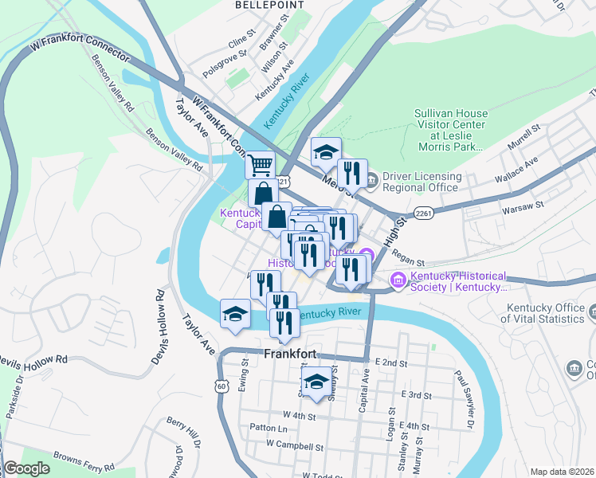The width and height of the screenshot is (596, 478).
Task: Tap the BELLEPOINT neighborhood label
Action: [260, 5]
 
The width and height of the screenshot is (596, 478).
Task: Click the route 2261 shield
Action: [423, 212]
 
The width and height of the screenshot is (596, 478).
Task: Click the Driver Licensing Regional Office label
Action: [422, 182]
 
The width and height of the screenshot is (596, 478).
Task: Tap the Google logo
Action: [26, 468]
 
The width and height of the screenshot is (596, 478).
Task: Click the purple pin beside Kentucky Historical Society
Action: [398, 280]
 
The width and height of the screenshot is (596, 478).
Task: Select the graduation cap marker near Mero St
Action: [325, 152]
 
